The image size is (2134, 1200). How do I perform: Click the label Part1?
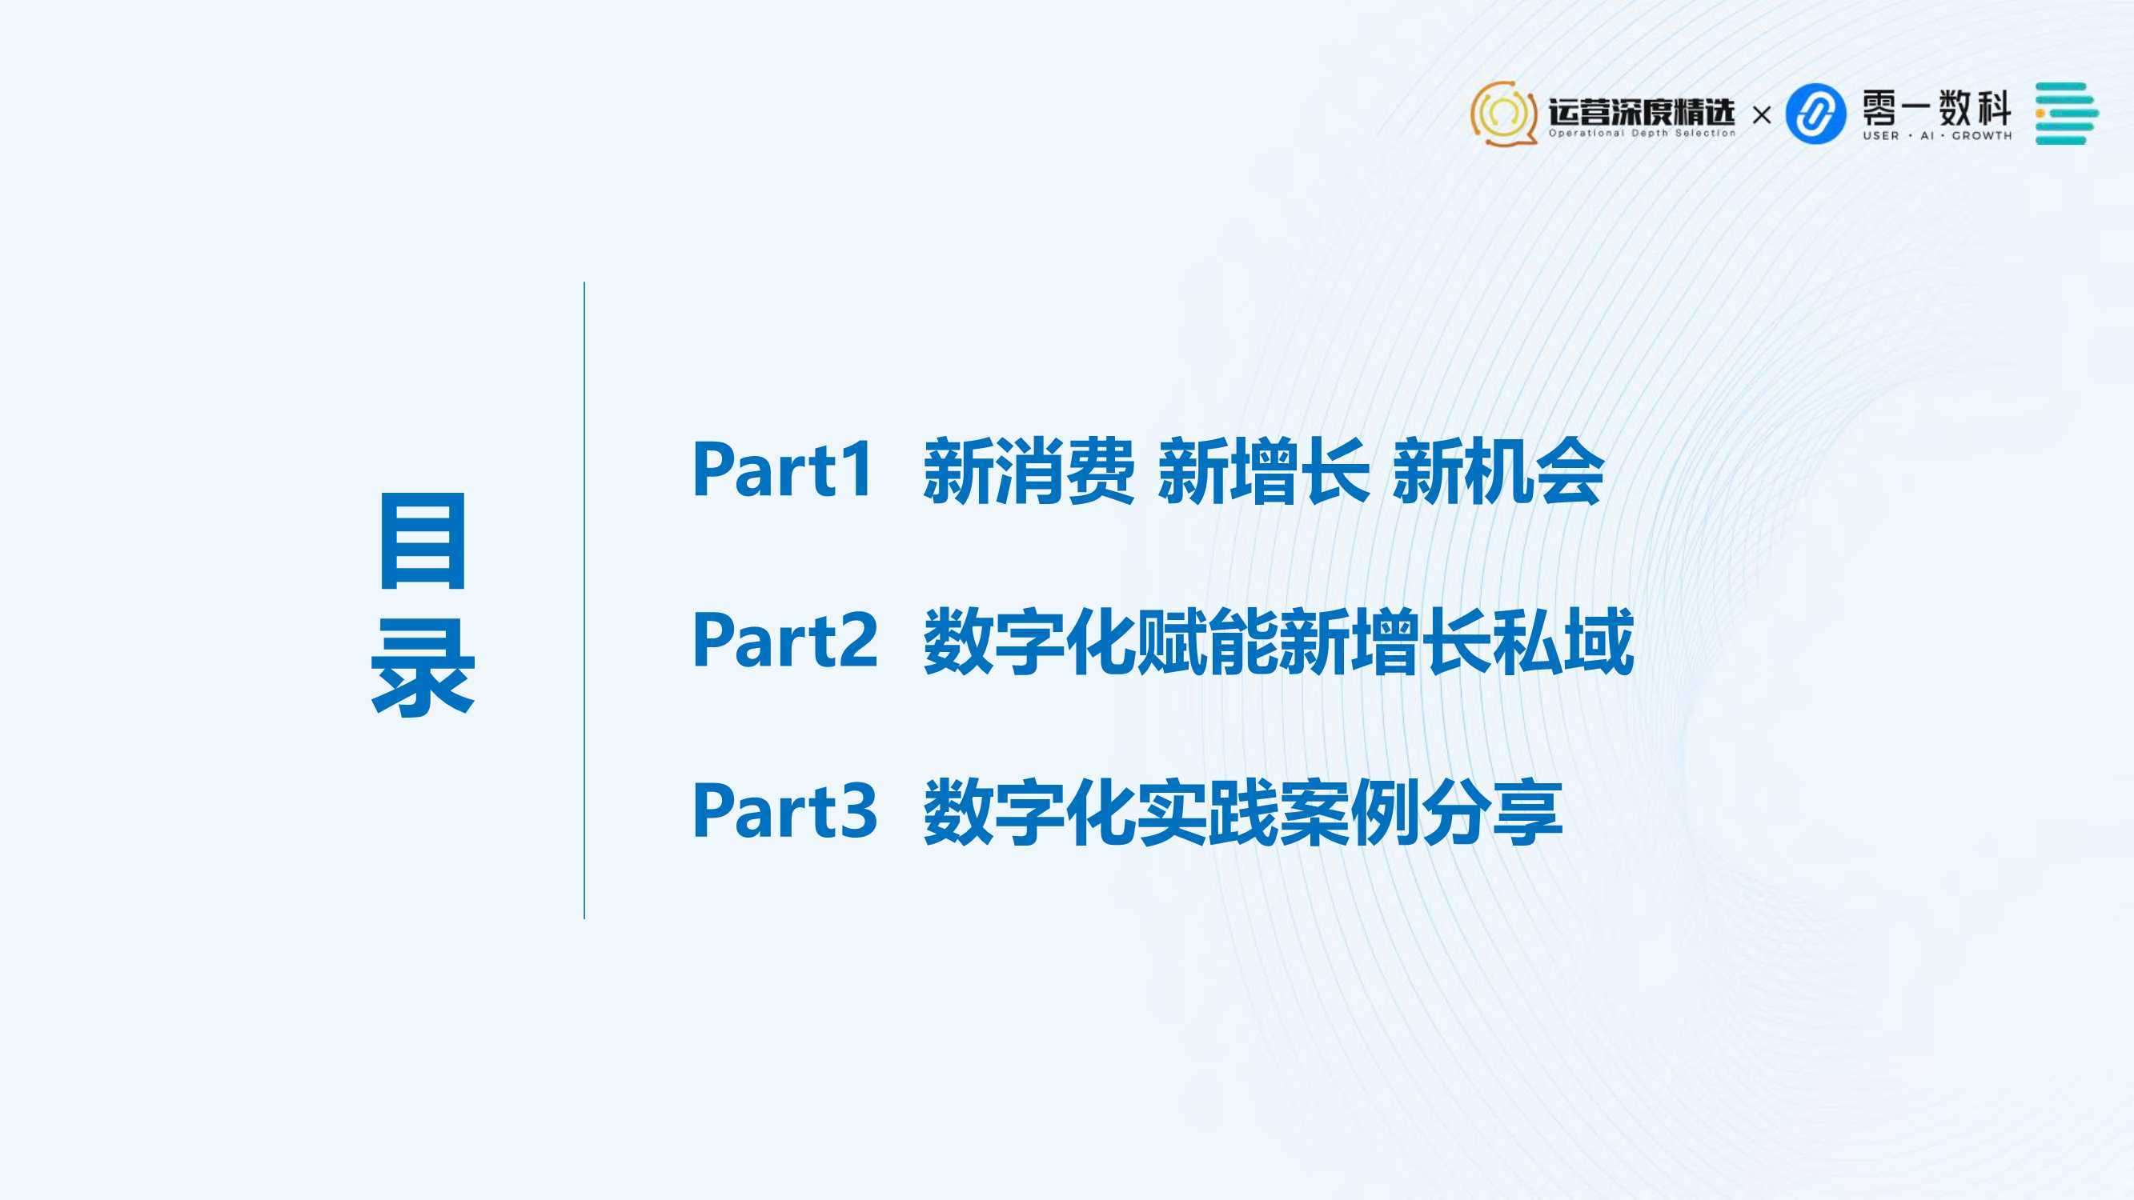click(783, 470)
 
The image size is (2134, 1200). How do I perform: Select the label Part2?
click(784, 639)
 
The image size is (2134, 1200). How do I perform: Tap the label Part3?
click(784, 810)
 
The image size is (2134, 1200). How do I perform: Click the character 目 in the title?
click(423, 541)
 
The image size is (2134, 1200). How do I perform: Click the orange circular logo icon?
click(1503, 114)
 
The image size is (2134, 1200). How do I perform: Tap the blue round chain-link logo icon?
click(1815, 114)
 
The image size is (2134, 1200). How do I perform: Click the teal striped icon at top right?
click(2067, 114)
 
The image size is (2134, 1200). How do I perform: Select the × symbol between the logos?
click(1762, 115)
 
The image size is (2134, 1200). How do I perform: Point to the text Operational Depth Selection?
click(1642, 134)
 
